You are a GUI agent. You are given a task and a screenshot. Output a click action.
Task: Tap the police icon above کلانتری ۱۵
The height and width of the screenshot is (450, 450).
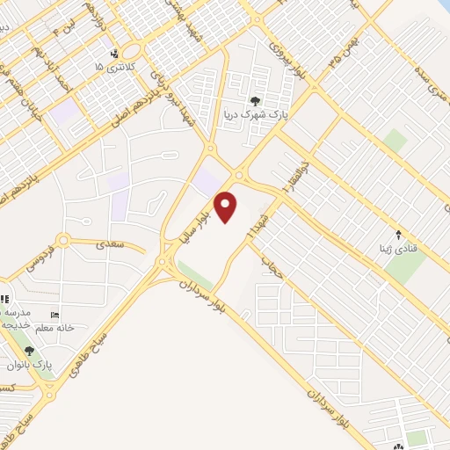[x=113, y=54]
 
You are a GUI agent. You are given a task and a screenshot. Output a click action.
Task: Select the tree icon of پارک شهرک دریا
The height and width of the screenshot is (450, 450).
[x=256, y=101]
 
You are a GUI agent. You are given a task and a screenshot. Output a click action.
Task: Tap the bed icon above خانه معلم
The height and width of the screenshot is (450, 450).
[x=56, y=316]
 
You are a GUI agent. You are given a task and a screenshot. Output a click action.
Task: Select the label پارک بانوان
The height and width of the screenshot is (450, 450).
[x=29, y=364]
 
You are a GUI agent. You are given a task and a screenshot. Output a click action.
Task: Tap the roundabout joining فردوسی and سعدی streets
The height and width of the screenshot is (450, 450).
[x=62, y=240]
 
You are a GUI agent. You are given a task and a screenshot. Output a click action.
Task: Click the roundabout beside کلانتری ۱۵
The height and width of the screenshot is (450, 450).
[x=132, y=50]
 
